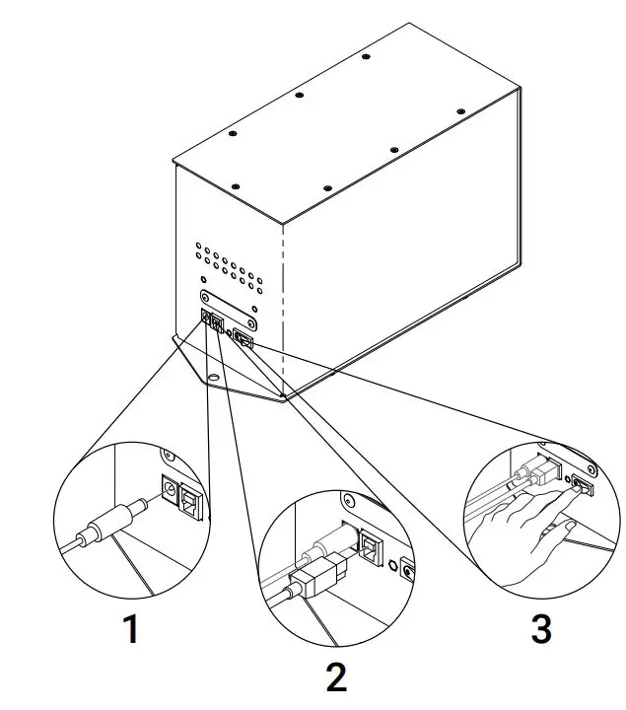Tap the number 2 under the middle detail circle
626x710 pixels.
337,677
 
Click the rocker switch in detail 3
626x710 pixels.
582,486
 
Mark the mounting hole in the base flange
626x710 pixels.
213,377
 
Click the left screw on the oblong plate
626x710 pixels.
205,297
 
